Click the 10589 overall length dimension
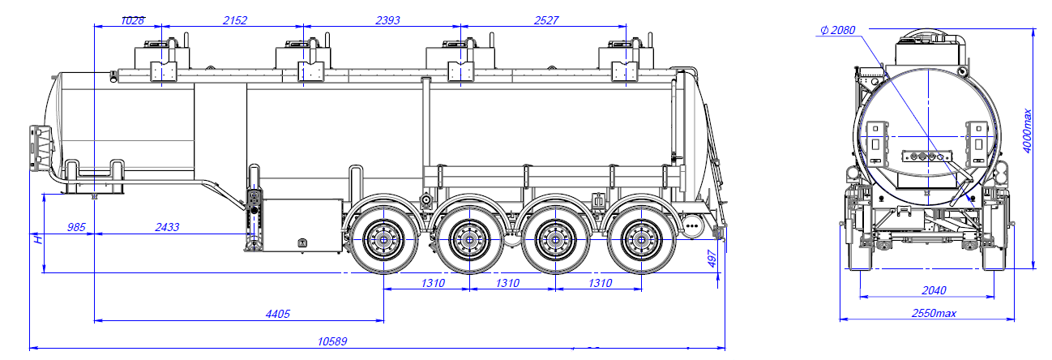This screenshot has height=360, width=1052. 333,341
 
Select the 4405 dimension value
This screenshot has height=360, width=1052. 276,314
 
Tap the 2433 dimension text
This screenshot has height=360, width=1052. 169,228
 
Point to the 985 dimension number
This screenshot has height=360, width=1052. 76,228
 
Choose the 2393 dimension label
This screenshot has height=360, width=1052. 387,20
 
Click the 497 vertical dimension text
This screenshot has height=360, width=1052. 712,258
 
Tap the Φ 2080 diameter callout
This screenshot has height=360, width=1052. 839,30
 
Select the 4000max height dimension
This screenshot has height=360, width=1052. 1028,130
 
